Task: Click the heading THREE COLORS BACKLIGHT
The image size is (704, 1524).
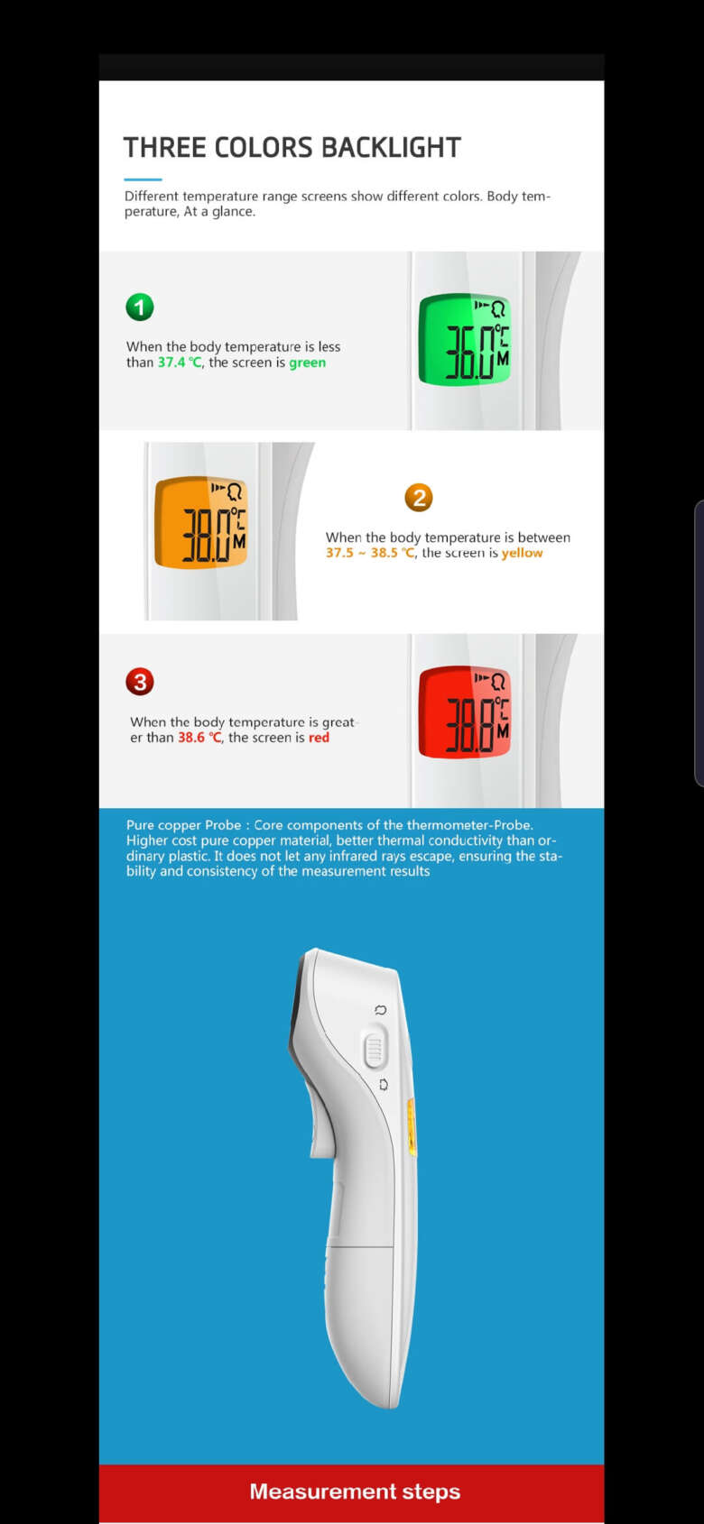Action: click(292, 147)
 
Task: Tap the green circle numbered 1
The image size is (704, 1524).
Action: click(140, 308)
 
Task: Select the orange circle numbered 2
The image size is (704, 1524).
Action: click(418, 498)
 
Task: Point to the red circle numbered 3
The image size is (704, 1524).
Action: click(140, 682)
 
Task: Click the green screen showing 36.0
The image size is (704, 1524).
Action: click(465, 339)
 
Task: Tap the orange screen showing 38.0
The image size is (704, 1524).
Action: click(201, 523)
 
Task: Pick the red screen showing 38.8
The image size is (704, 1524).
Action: click(465, 712)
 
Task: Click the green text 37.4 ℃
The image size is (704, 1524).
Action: click(180, 363)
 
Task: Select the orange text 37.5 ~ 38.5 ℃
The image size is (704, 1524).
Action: click(370, 553)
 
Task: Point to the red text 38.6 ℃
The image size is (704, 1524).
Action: click(199, 738)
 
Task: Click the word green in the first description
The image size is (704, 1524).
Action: click(307, 363)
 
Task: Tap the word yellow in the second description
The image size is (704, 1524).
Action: click(522, 553)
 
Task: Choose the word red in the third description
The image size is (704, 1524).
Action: click(319, 738)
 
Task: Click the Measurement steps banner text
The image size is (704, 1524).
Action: click(355, 1492)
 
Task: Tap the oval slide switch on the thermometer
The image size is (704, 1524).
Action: click(374, 1049)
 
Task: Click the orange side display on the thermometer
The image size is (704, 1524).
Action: click(412, 1127)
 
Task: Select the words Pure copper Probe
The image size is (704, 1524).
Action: click(183, 825)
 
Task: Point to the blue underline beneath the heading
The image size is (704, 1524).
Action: click(143, 179)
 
